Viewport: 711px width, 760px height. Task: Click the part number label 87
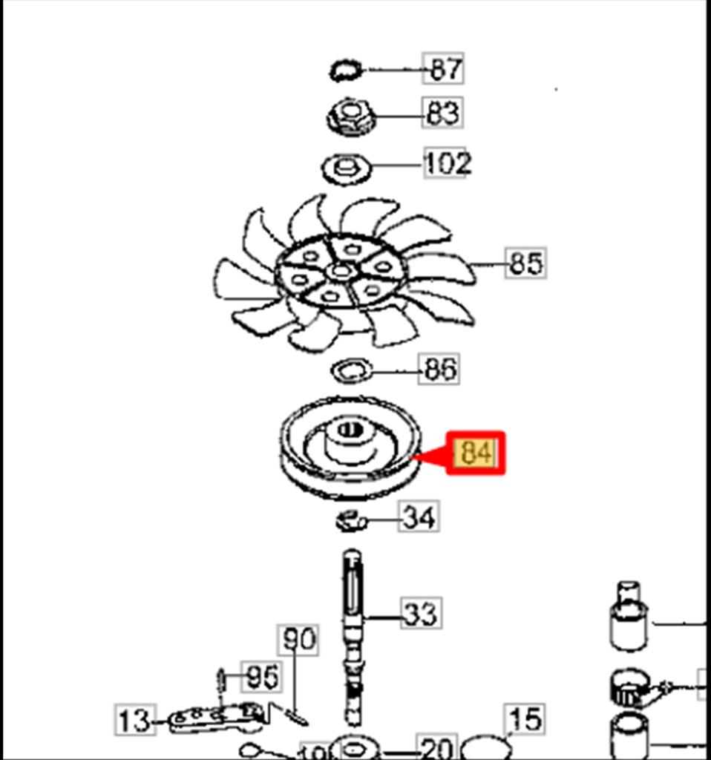pyautogui.click(x=444, y=69)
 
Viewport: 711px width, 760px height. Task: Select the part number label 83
pyautogui.click(x=444, y=114)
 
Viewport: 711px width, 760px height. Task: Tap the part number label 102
pyautogui.click(x=447, y=163)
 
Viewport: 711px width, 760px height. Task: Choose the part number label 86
pyautogui.click(x=439, y=369)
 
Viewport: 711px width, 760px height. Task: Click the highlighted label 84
pyautogui.click(x=476, y=453)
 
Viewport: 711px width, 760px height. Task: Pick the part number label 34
pyautogui.click(x=419, y=517)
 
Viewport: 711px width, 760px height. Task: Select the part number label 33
pyautogui.click(x=421, y=614)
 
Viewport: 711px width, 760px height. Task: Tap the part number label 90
pyautogui.click(x=298, y=639)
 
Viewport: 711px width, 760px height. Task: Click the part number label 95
pyautogui.click(x=262, y=677)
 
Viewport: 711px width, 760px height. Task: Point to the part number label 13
pyautogui.click(x=135, y=720)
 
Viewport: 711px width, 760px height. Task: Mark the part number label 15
pyautogui.click(x=525, y=719)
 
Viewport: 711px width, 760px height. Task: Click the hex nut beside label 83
pyautogui.click(x=350, y=117)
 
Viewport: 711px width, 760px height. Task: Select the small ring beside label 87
pyautogui.click(x=346, y=71)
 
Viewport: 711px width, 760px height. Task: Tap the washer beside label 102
pyautogui.click(x=344, y=167)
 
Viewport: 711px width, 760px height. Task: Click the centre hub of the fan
pyautogui.click(x=341, y=272)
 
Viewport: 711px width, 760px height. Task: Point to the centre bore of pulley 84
pyautogui.click(x=350, y=431)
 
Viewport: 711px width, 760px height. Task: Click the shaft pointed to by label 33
pyautogui.click(x=353, y=623)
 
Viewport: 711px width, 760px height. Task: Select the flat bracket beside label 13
pyautogui.click(x=215, y=717)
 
